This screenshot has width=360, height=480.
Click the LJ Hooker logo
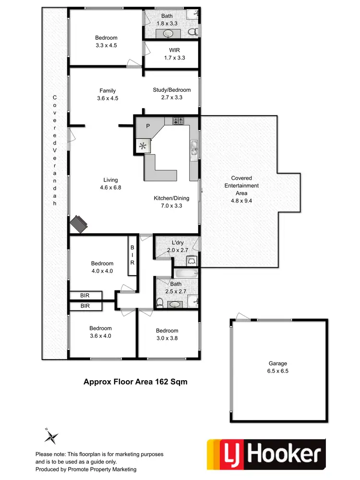coord(265,455)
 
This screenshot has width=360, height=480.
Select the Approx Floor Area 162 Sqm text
coord(135,382)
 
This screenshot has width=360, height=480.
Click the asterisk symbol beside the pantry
coord(143,146)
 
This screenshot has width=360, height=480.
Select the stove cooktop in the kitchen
coord(179,120)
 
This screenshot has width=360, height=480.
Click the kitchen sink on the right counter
coord(194,149)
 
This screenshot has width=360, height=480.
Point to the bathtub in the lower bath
coord(186,274)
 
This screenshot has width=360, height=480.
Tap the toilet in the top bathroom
coord(193,32)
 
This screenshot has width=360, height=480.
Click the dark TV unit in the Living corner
coord(79,223)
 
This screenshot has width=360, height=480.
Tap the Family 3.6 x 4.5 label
coord(108,94)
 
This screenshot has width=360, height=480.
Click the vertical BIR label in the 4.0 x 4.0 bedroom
coord(132,256)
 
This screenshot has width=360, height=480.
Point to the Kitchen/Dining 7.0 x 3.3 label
coord(171,202)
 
